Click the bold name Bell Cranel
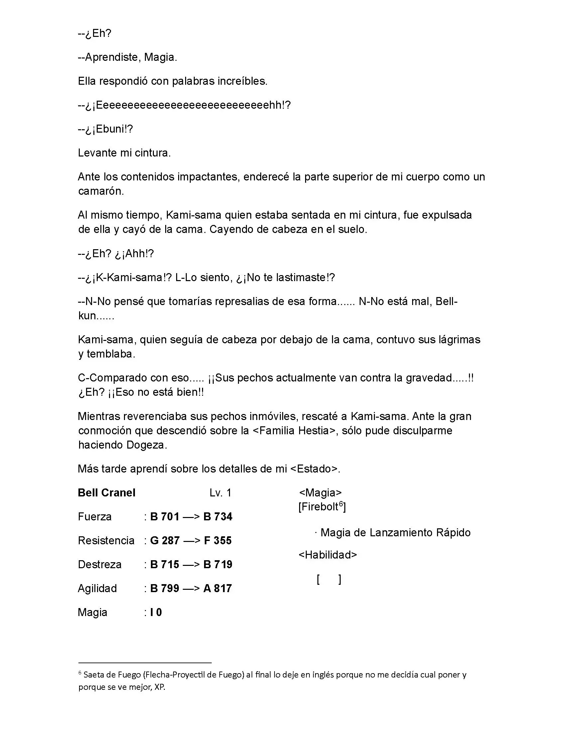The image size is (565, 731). point(106,493)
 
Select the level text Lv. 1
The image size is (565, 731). point(221,493)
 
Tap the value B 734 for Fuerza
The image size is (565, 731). point(218,516)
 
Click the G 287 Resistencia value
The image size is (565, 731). point(165,541)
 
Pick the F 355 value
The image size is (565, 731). point(218,541)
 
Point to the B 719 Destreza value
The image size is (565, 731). point(218,564)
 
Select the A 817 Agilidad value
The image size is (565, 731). point(218,588)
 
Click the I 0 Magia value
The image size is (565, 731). point(156,612)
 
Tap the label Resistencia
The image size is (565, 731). point(106,541)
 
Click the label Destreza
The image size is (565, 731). point(99,564)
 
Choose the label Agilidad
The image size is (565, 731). point(97,588)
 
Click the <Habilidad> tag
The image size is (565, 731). point(328,555)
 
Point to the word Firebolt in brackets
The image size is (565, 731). point(319,507)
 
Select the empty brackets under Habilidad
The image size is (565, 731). point(329,579)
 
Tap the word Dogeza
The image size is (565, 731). point(146,445)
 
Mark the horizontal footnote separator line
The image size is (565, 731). point(145,662)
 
